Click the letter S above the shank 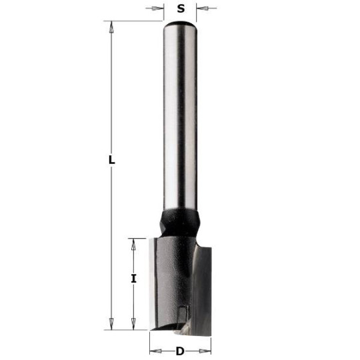click(x=181, y=9)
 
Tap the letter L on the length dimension click(x=112, y=160)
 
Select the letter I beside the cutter click(x=133, y=279)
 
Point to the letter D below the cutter click(x=180, y=351)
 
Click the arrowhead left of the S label click(x=159, y=9)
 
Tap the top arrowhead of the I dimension click(x=133, y=243)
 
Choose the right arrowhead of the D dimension click(x=206, y=351)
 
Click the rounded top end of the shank click(x=180, y=25)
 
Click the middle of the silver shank click(x=179, y=120)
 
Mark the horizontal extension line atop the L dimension click(x=133, y=21)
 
